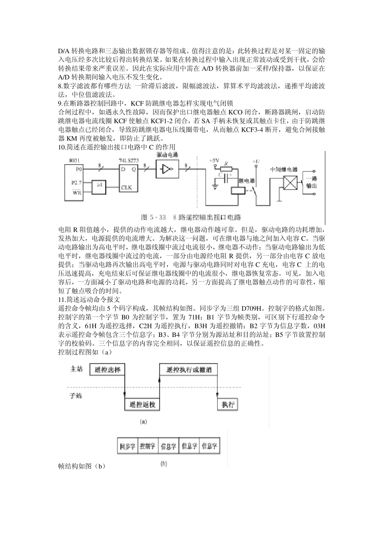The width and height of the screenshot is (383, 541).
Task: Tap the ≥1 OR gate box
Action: [101, 186]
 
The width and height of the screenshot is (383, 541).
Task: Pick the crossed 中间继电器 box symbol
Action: [291, 184]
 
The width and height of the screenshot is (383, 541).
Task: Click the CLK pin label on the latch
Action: [127, 188]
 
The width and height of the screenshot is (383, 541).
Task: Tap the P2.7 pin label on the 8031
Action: [76, 182]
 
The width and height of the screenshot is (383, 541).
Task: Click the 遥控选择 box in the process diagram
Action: [104, 370]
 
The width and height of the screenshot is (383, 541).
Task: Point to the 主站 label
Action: [76, 369]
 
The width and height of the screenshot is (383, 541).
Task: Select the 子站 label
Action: [76, 396]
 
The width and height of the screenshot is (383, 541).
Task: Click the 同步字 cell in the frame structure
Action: [128, 446]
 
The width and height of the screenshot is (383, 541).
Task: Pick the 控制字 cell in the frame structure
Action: [148, 446]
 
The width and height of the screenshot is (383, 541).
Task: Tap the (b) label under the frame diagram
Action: [164, 463]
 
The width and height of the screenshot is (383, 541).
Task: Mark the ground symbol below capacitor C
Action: [216, 186]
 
